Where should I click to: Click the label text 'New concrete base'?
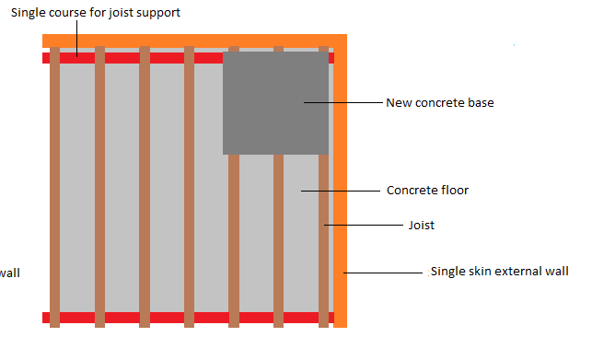(x=439, y=103)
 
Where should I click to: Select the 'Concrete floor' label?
(x=427, y=191)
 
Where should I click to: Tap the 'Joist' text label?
(x=421, y=225)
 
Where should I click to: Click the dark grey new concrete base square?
(x=275, y=102)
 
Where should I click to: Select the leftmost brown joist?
(x=55, y=184)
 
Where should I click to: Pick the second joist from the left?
(x=99, y=184)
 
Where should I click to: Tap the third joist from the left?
(x=145, y=184)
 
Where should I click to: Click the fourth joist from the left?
(x=189, y=184)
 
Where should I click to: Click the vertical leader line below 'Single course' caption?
(x=77, y=41)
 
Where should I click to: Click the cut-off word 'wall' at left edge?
(x=9, y=273)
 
